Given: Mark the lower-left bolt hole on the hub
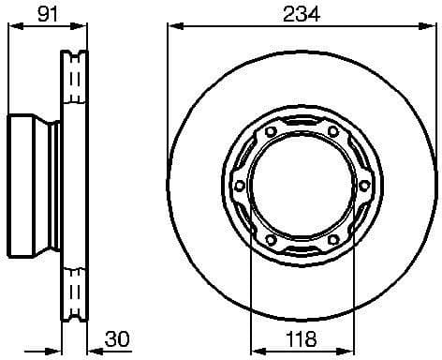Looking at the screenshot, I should coord(270,242).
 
